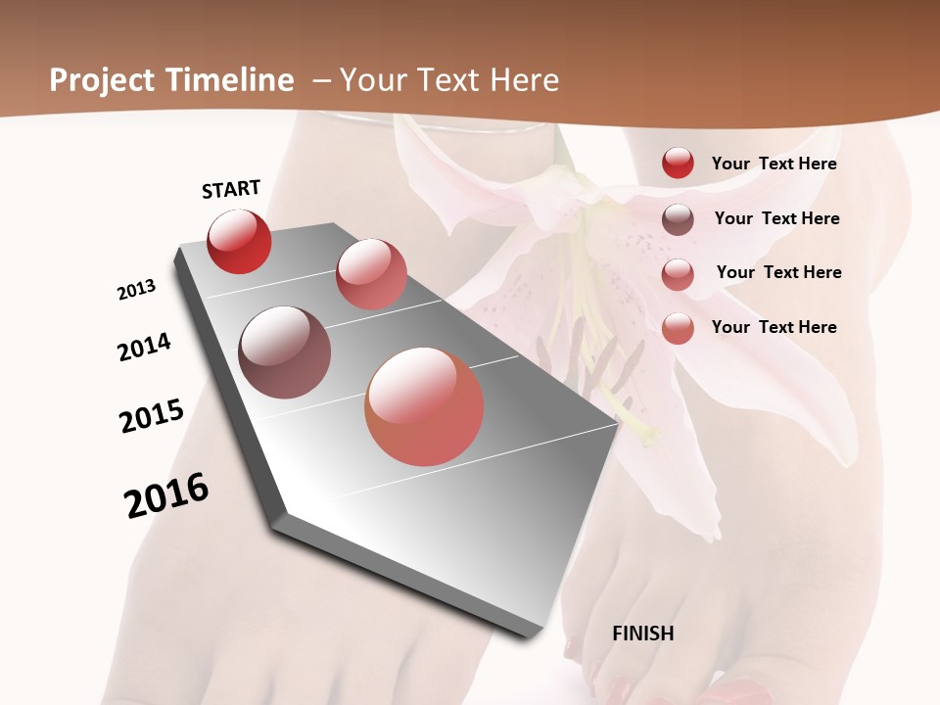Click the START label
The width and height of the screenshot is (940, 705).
click(231, 189)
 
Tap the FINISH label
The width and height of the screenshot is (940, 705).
click(642, 634)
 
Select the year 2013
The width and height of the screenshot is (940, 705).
click(137, 290)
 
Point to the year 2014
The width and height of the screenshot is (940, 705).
click(144, 347)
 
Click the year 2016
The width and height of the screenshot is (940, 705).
click(166, 494)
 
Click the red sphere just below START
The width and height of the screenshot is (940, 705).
click(239, 242)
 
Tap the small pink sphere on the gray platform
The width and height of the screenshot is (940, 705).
click(371, 274)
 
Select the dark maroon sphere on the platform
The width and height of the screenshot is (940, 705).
click(284, 352)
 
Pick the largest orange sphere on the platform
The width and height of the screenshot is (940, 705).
click(424, 406)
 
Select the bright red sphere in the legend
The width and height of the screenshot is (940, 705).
click(678, 163)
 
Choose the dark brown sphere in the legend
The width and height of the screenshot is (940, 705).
click(678, 219)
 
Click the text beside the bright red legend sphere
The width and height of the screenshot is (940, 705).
click(774, 164)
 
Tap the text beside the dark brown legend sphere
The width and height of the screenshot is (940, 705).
click(776, 218)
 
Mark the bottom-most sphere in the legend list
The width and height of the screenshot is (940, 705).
click(678, 328)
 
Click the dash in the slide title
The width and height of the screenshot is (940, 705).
click(320, 80)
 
